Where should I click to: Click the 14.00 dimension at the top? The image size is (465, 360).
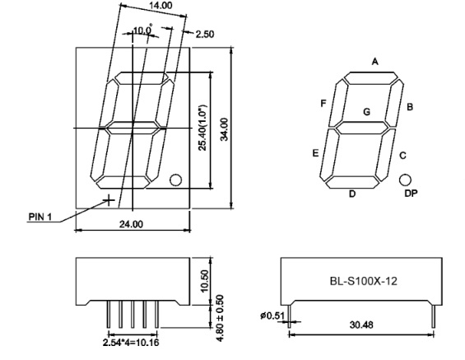point(160,6)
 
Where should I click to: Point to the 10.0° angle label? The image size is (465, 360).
point(142,30)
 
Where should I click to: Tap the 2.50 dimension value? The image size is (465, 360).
point(205,34)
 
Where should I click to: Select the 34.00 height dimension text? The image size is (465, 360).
point(225,129)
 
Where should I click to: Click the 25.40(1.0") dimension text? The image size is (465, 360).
point(202,128)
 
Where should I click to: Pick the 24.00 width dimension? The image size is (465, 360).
point(131,224)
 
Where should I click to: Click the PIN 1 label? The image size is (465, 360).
point(40,217)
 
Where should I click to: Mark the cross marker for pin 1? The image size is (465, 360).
point(109,200)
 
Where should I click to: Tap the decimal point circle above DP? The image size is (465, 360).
point(405,180)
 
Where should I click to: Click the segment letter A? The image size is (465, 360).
point(375,62)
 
